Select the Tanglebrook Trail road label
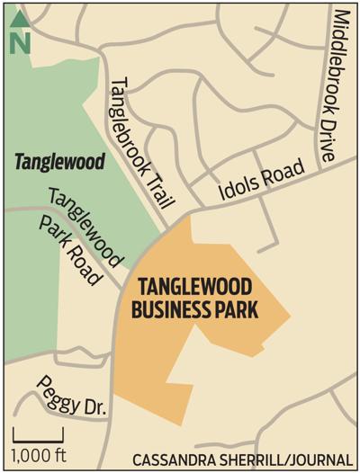[142, 139]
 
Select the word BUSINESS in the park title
[176, 311]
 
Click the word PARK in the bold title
[240, 311]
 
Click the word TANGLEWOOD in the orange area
[193, 288]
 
